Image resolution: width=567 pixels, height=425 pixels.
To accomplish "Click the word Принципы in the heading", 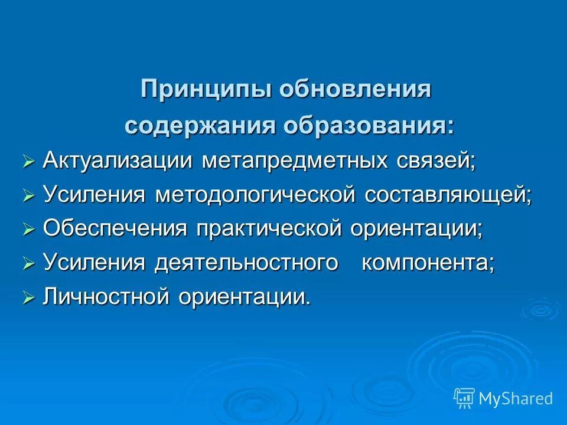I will click(x=206, y=90).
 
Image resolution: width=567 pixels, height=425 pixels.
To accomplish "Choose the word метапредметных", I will click(x=295, y=161).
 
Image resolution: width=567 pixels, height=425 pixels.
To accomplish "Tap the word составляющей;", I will click(x=448, y=195).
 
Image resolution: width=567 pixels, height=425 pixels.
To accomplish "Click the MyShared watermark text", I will click(x=516, y=399).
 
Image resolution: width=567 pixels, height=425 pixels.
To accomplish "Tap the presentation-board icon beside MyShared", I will click(x=464, y=398).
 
